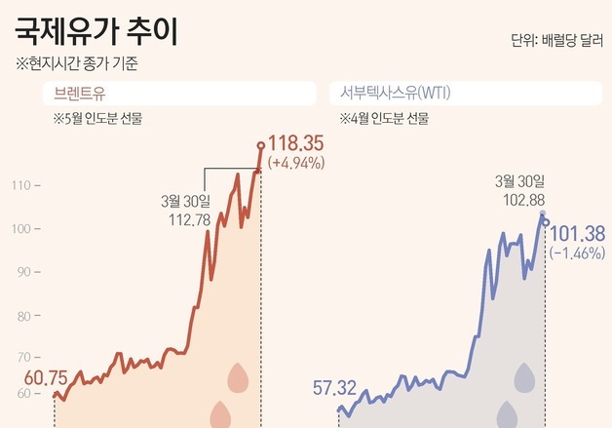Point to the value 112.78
(184, 219)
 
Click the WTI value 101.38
(578, 234)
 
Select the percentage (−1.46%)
(578, 253)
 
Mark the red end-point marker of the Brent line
(260, 146)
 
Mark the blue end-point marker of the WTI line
(545, 223)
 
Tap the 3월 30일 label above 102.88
(521, 180)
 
